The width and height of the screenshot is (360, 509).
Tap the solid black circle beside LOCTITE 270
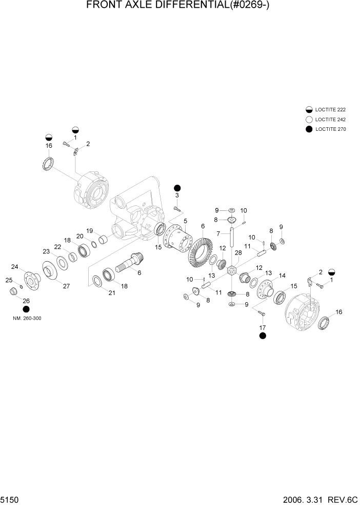[x=309, y=129]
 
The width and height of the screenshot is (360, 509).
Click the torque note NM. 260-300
[x=27, y=318]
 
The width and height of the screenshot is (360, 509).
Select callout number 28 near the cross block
[x=238, y=253]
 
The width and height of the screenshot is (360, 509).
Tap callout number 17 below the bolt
[x=263, y=327]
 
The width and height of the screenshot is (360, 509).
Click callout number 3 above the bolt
[x=177, y=195]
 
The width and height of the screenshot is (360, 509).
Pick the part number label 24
[x=15, y=266]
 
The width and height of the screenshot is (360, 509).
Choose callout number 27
[x=66, y=286]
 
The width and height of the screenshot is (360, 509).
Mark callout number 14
[x=282, y=276]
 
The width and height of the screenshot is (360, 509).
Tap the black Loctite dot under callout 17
[x=263, y=336]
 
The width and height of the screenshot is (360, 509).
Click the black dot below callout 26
[x=26, y=309]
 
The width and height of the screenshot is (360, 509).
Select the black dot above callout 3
[x=177, y=187]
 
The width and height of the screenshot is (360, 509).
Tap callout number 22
[x=58, y=247]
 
